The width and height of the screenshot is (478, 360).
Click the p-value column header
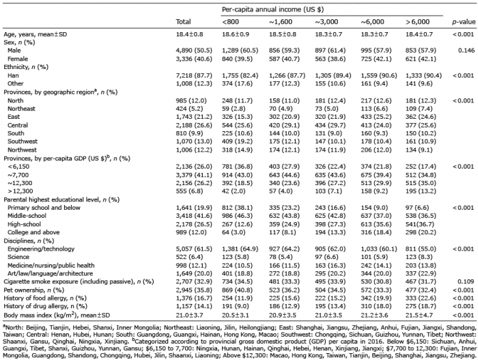464,22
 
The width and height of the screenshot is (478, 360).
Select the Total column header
183,22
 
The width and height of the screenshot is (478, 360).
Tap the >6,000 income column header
417,22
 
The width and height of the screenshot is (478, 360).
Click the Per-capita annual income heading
272,10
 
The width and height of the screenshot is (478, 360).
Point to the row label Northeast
21,109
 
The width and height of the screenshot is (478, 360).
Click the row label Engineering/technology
41,249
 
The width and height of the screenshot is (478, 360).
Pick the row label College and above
33,232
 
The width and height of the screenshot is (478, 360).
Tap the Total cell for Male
194,51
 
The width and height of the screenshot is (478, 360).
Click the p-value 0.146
466,51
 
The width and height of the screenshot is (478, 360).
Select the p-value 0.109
466,281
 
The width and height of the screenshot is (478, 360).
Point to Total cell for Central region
194,125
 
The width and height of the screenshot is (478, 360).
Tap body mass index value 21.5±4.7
419,315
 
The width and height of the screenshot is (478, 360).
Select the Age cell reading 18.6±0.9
236,34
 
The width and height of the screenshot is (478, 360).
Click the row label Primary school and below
44,208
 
